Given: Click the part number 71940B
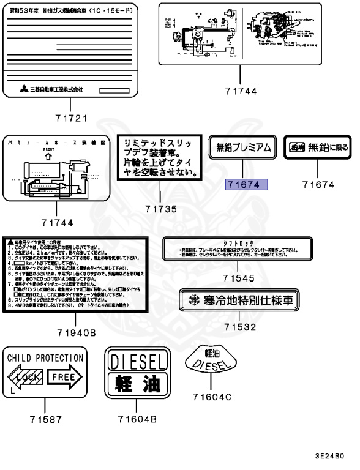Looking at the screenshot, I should tap(75, 334).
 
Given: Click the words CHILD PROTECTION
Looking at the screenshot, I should tap(45, 357).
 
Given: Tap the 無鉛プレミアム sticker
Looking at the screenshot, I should tap(243, 147).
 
